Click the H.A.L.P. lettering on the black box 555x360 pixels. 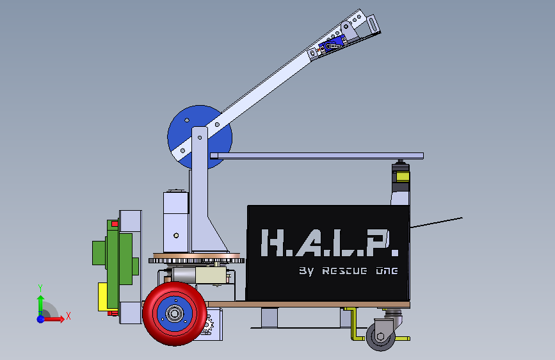[330, 242]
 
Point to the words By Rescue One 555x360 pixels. [348, 271]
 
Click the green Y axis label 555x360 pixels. [40, 288]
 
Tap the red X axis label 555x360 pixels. [68, 316]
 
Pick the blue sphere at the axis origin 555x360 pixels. [41, 319]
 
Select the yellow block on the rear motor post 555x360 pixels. [403, 176]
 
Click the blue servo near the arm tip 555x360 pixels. [332, 45]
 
